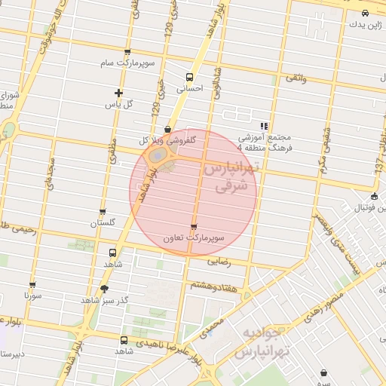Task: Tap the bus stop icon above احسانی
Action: (x=189, y=76)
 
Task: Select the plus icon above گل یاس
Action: (x=118, y=92)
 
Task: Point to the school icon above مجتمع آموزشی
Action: (x=263, y=126)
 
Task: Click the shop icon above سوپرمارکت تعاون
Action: (x=194, y=226)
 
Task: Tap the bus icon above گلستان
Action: (x=103, y=213)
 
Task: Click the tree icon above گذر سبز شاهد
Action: (x=103, y=289)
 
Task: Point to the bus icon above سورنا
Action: (x=32, y=285)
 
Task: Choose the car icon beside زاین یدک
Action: (x=365, y=13)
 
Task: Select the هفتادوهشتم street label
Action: (x=215, y=286)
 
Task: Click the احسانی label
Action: (x=189, y=88)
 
